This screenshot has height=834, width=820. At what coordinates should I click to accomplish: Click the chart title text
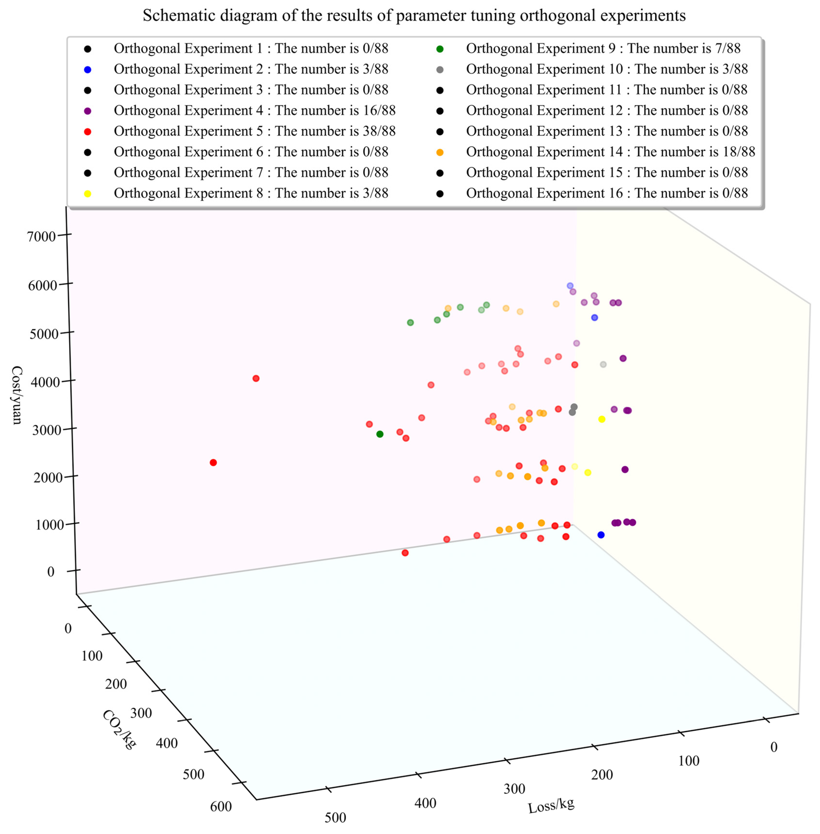click(x=414, y=15)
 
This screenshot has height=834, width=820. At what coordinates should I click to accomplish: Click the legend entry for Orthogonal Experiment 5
click(x=254, y=131)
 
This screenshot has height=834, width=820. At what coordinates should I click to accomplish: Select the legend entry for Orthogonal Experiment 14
click(x=610, y=152)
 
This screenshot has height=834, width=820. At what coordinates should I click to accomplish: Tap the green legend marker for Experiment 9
click(x=440, y=49)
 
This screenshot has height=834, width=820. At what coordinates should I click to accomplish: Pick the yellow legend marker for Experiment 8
click(x=87, y=194)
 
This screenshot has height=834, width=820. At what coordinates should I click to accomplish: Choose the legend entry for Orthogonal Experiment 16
click(x=606, y=194)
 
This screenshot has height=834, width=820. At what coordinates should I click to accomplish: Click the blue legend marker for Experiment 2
click(x=87, y=69)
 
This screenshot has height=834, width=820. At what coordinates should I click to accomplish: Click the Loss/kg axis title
click(x=551, y=805)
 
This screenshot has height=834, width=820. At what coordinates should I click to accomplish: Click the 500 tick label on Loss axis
click(x=335, y=817)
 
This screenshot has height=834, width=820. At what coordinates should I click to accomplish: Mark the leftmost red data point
click(x=213, y=463)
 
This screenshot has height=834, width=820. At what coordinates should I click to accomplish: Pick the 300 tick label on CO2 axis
click(x=141, y=713)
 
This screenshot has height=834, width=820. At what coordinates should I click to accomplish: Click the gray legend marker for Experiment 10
click(x=440, y=69)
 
